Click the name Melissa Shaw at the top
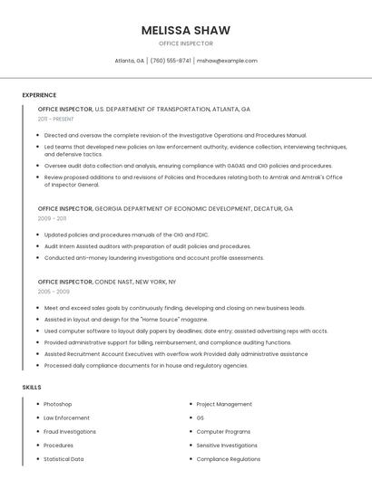click(185, 30)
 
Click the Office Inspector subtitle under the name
click(185, 43)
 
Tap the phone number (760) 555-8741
click(171, 61)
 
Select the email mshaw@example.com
click(228, 61)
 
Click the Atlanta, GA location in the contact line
click(129, 61)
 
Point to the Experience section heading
click(39, 95)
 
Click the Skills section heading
click(32, 388)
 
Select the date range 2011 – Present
click(56, 119)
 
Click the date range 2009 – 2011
click(52, 218)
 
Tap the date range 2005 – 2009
click(53, 292)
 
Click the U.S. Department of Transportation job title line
click(143, 109)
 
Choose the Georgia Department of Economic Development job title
click(165, 208)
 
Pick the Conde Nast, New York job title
click(107, 282)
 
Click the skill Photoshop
click(57, 404)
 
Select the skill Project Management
click(224, 404)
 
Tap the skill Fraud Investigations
click(70, 432)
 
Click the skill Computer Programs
click(223, 432)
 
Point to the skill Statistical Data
click(64, 459)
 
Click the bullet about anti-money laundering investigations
click(153, 257)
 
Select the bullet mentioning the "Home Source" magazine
click(125, 319)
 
